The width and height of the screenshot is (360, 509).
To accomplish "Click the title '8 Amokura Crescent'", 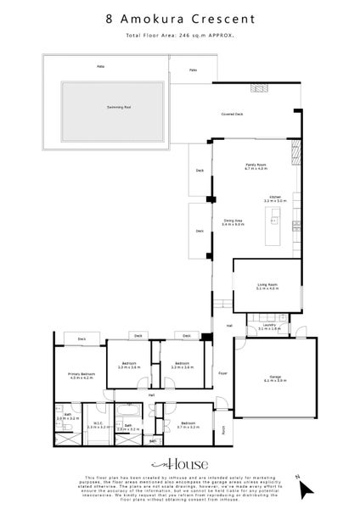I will pos(179,18).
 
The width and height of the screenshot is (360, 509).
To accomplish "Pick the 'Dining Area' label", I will pos(233,222).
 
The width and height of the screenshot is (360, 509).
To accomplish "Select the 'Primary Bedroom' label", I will pos(82,376).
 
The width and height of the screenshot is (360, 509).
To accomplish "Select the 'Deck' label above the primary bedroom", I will pos(82,339).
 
